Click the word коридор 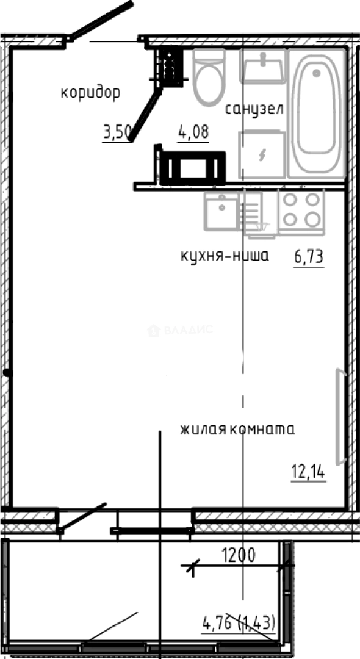(90, 93)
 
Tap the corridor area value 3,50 (117, 132)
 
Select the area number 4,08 (193, 132)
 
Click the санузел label (254, 110)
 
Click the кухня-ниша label (225, 256)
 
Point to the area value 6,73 (308, 258)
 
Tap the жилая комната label (237, 430)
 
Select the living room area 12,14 (308, 472)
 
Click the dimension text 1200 (237, 555)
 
